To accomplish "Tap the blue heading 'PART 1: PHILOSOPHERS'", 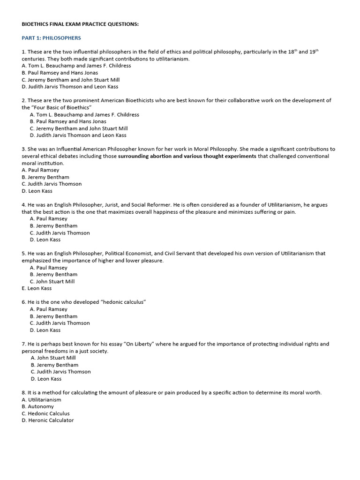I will tap(51, 38).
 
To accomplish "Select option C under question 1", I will tap(70, 80).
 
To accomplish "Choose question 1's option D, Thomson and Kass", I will tap(70, 87).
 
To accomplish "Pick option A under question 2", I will tap(84, 114).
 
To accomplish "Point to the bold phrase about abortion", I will tap(187, 156).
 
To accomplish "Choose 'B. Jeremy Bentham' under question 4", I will tap(53, 225).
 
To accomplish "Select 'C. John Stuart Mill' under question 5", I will tap(52, 281).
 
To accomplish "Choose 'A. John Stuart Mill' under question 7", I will tap(53, 358).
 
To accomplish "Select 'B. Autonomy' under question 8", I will tap(37, 406).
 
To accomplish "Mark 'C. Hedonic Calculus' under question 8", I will tap(45, 413).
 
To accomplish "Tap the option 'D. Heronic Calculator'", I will tap(47, 420).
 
